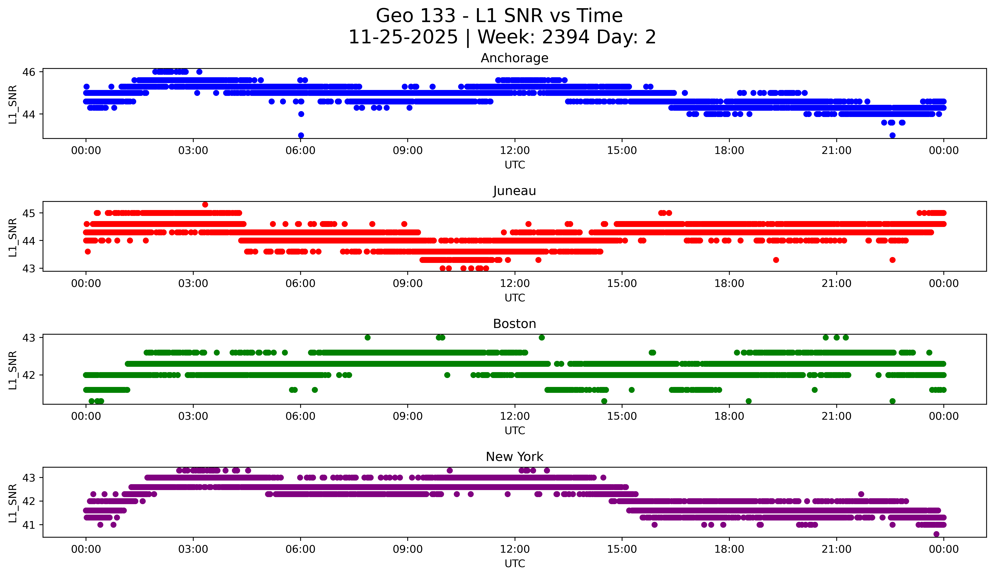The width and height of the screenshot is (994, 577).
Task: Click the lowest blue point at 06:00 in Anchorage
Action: pyautogui.click(x=301, y=135)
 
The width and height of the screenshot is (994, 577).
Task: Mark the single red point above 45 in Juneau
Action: pyautogui.click(x=205, y=204)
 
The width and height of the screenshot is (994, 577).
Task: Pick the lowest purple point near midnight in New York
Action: pyautogui.click(x=936, y=534)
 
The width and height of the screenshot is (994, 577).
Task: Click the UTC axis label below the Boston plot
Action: pyautogui.click(x=515, y=431)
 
